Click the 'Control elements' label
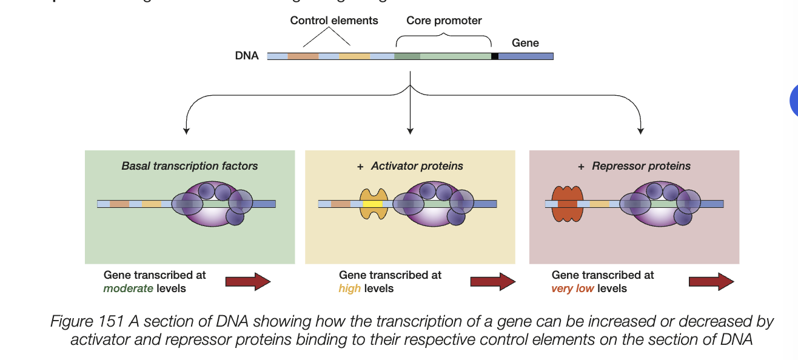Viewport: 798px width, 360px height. (334, 21)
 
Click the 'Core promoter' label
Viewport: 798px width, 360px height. (444, 21)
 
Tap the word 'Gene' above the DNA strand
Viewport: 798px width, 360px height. (525, 42)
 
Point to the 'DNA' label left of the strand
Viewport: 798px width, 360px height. (247, 56)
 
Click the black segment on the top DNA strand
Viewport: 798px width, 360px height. (495, 56)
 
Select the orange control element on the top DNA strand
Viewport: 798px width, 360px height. (303, 56)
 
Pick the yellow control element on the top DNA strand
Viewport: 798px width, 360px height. (355, 56)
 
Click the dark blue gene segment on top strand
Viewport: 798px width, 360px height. (526, 56)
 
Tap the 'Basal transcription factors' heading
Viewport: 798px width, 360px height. (189, 166)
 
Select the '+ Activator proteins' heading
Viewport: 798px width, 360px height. (410, 166)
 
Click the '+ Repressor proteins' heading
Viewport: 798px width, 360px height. (634, 166)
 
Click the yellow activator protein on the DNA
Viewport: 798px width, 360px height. (374, 204)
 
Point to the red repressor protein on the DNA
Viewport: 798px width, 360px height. (567, 204)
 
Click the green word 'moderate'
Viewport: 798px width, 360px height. (128, 288)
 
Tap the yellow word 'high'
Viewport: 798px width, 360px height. (349, 288)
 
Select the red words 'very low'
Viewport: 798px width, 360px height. (572, 288)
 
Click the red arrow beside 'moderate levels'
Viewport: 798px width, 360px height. (247, 281)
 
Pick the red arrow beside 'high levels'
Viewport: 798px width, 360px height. (492, 281)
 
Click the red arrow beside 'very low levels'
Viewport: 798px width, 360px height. (711, 281)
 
